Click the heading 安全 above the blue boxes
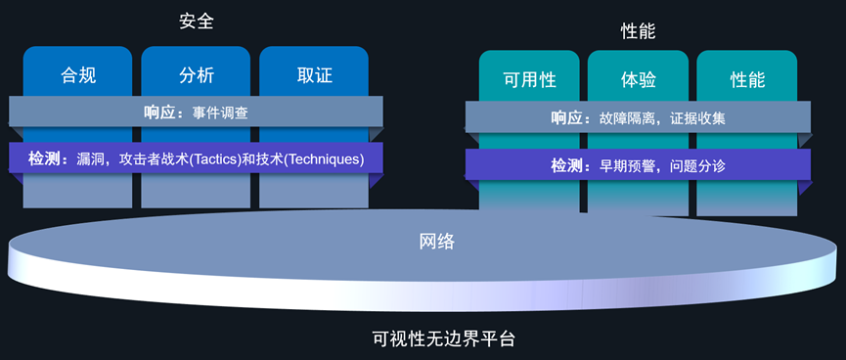(197, 21)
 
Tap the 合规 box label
(78, 74)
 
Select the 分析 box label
(197, 74)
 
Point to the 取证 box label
(314, 74)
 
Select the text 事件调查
(220, 112)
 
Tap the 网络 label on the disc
(436, 241)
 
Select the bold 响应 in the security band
(159, 112)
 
